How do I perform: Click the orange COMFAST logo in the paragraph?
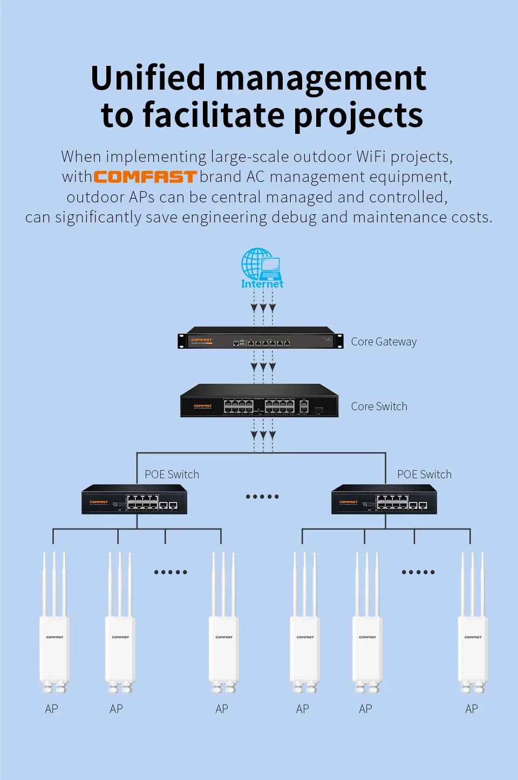coord(145,177)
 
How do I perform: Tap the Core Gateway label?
coord(384,342)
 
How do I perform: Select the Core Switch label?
coord(379,406)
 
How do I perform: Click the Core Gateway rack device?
coord(261,338)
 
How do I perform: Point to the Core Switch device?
coord(259,401)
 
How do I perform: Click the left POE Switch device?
coord(134,500)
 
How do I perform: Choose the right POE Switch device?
coord(384,500)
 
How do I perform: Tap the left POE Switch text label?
coord(172,474)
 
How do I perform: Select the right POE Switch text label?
coord(424,474)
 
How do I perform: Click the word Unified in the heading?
coord(148,78)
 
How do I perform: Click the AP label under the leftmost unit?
coord(51,709)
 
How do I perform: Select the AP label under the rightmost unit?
coord(471,709)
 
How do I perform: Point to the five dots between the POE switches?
coord(262,497)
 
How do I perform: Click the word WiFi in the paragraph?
coord(371,157)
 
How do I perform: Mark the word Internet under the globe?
coord(262,284)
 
